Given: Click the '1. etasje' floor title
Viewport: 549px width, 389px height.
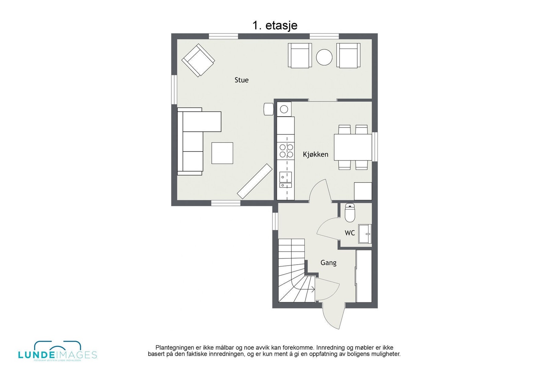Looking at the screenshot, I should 275,25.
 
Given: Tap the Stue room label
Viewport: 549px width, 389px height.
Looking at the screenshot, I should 242,80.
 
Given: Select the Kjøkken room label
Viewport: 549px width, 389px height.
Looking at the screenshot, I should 315,155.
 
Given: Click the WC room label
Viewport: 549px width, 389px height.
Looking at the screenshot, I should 350,233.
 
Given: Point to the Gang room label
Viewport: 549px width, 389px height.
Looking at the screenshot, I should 328,263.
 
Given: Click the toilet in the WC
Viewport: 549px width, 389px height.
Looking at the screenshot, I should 350,213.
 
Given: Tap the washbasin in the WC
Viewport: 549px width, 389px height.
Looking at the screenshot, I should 365,234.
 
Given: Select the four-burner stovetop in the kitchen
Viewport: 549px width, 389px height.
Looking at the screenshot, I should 286,151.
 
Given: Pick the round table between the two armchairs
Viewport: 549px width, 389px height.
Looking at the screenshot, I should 324,57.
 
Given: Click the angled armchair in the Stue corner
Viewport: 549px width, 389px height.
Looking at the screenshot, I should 198,60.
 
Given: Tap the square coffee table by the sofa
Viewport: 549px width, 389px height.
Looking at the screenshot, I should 222,153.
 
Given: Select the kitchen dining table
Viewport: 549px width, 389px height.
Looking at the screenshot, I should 353,147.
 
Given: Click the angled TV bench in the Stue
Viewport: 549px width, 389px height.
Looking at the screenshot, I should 255,181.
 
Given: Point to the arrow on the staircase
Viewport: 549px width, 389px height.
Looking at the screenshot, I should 312,289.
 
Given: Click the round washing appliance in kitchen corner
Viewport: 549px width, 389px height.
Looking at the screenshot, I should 284,109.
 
